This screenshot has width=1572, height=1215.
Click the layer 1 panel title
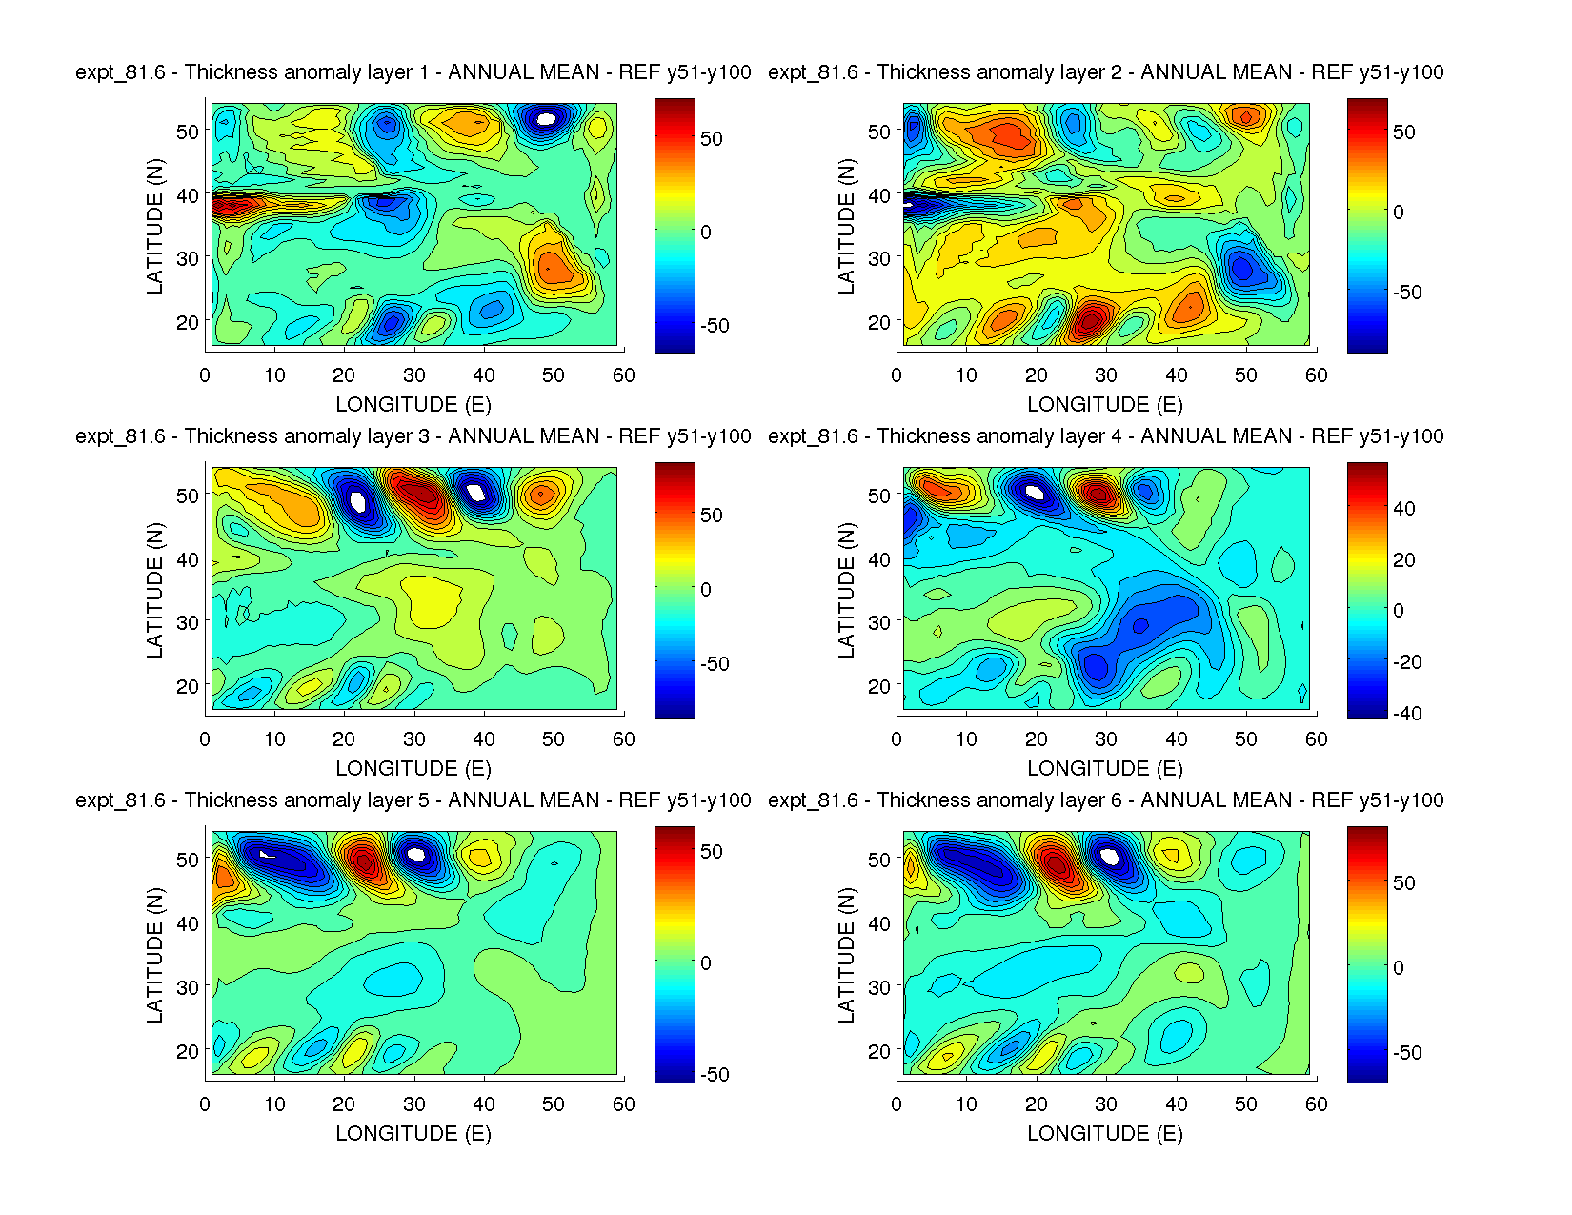[413, 72]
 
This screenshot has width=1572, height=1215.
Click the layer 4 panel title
[1105, 436]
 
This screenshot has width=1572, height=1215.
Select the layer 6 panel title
[1105, 800]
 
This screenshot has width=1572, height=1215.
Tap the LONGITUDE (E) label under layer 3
[413, 769]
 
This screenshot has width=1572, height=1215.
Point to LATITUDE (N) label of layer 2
[846, 226]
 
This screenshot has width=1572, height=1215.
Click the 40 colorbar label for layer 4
[1404, 509]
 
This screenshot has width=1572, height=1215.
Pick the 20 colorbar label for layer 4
[1404, 560]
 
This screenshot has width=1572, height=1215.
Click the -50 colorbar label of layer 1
[715, 326]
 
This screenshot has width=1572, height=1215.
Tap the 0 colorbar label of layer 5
[706, 963]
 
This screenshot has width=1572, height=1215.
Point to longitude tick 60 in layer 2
[1317, 375]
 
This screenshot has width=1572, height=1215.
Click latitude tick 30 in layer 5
[188, 987]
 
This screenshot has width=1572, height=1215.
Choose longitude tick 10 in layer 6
[967, 1104]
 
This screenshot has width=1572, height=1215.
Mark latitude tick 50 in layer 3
[188, 496]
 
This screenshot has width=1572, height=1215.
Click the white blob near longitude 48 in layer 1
[546, 119]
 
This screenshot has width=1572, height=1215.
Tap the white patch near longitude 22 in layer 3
[358, 500]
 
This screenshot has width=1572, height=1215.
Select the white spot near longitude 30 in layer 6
[1109, 856]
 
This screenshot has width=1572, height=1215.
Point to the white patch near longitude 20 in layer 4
[1036, 493]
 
